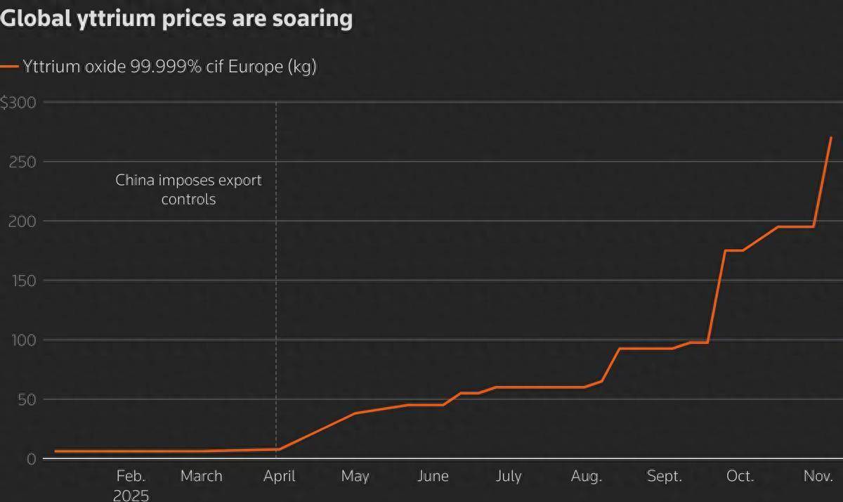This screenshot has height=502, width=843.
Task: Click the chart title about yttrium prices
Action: (176, 18)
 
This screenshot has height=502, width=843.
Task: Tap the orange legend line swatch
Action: (10, 67)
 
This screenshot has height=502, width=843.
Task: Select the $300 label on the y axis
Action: (19, 103)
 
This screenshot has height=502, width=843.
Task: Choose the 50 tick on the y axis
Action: (26, 399)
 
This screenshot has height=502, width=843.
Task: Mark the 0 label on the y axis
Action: (31, 459)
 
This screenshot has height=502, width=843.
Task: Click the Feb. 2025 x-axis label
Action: (131, 485)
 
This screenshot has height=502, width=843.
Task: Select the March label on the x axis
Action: (201, 476)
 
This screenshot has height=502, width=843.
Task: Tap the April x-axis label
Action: (280, 476)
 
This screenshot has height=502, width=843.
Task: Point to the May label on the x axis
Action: (355, 476)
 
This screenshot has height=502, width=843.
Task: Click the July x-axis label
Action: (509, 476)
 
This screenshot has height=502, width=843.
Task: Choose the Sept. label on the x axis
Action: (664, 476)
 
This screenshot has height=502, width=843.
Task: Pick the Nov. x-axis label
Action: (818, 476)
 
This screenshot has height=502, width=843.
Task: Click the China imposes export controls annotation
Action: (188, 189)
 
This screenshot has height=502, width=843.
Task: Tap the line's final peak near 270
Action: (831, 138)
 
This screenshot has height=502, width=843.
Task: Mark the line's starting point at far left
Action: (55, 451)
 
